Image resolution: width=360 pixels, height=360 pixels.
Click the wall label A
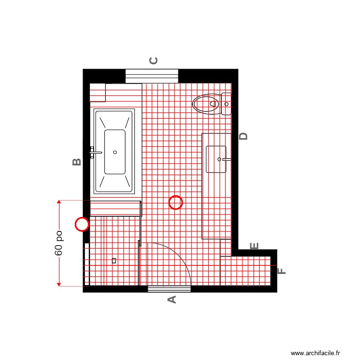[171, 300]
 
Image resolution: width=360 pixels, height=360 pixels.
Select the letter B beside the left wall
[77, 162]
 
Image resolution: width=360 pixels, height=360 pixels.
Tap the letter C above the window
[154, 60]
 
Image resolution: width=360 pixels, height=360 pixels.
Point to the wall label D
[244, 136]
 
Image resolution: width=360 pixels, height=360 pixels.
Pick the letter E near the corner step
[255, 246]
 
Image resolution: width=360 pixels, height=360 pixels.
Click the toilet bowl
[206, 104]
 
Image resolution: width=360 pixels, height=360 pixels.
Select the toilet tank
[226, 104]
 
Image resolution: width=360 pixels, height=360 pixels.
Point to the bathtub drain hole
[115, 152]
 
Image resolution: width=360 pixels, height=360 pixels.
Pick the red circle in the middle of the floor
[176, 203]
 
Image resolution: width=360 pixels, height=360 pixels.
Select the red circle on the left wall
[83, 224]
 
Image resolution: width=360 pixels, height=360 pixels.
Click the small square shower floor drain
[114, 261]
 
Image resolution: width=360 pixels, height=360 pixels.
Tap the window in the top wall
[152, 76]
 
